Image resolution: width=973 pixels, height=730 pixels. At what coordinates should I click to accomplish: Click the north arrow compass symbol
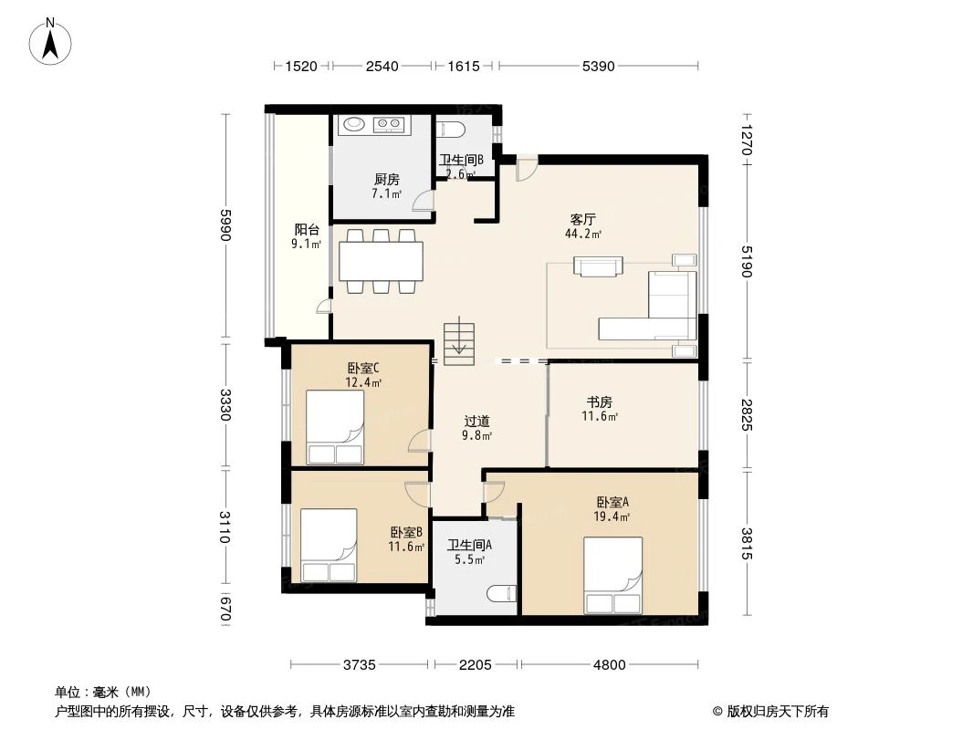click(50, 42)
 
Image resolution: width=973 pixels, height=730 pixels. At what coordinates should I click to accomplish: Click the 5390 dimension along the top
click(598, 66)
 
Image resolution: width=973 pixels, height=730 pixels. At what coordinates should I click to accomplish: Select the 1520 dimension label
click(301, 66)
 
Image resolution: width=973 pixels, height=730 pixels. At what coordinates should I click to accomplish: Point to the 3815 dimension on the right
click(747, 543)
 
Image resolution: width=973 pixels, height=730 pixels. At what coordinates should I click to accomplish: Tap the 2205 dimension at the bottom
click(476, 665)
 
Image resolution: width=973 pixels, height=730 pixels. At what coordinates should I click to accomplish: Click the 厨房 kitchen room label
click(387, 179)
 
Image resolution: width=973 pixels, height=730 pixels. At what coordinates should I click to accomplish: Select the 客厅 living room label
click(583, 220)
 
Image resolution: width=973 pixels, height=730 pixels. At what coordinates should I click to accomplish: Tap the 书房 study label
click(600, 401)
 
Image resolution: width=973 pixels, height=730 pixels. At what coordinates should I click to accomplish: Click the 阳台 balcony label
click(307, 229)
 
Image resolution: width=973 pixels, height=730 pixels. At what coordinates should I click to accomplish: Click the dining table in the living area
click(381, 261)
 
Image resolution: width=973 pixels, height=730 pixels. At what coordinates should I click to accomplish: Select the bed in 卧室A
click(613, 575)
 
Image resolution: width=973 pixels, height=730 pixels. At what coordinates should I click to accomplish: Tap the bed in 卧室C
click(336, 427)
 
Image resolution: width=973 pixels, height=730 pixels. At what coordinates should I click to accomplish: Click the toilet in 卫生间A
click(502, 593)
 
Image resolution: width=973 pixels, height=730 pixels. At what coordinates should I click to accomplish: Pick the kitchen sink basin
click(354, 124)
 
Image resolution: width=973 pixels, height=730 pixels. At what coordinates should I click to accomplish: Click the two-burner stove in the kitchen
click(389, 125)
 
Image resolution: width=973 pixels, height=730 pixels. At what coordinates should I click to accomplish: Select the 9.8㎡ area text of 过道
click(477, 435)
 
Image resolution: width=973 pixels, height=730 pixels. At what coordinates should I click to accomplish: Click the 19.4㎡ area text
click(612, 516)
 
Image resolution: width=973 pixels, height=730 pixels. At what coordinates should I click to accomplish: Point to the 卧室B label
click(406, 532)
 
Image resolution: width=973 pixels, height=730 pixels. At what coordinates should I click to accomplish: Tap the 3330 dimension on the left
click(225, 404)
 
